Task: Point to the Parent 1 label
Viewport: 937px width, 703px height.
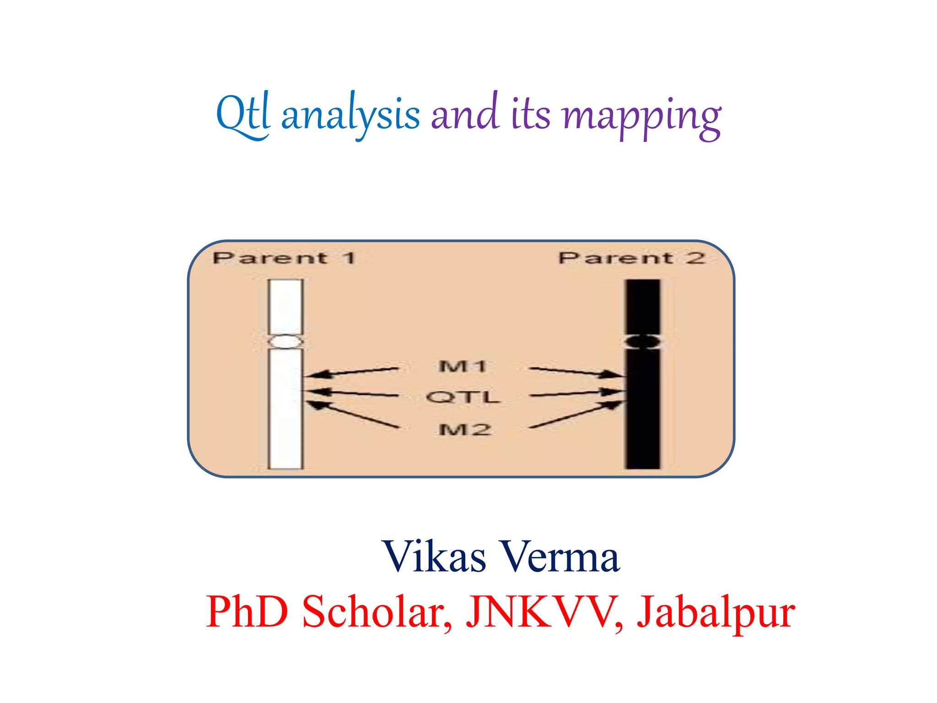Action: (x=284, y=258)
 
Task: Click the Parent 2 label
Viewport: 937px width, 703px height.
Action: (x=632, y=258)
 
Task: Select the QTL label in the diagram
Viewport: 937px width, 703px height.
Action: (x=463, y=397)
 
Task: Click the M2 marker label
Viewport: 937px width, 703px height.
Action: (x=464, y=429)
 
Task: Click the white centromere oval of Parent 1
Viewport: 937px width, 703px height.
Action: (x=285, y=341)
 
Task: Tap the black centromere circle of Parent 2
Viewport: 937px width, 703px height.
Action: (x=643, y=341)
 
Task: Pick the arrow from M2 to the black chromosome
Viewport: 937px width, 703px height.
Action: (x=576, y=415)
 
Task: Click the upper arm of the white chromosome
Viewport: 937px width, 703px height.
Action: (x=285, y=307)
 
